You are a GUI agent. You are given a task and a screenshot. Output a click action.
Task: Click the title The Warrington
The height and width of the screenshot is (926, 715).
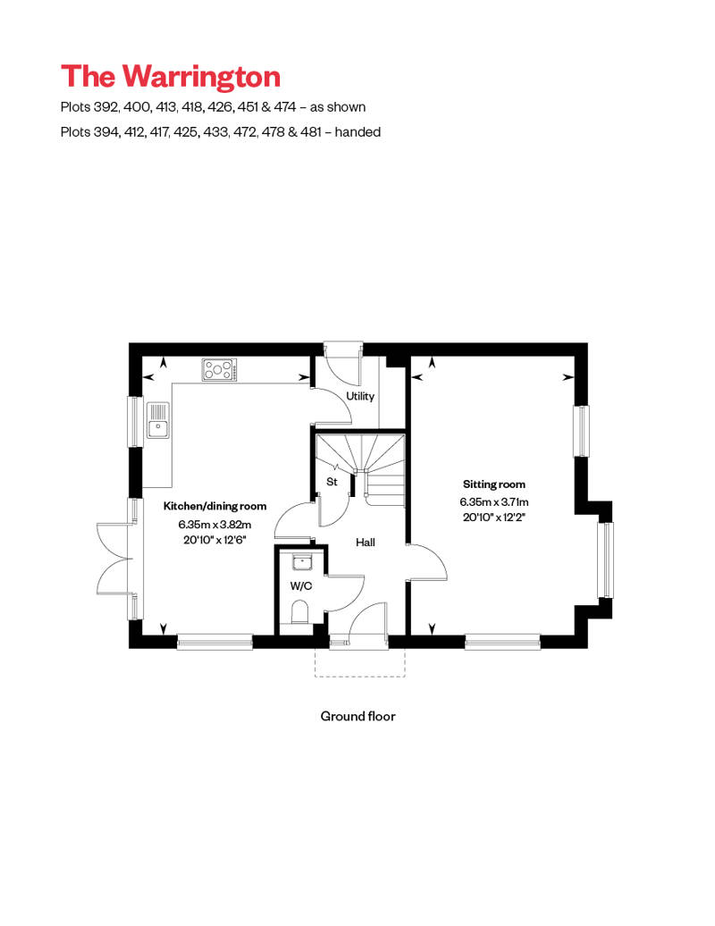(x=171, y=77)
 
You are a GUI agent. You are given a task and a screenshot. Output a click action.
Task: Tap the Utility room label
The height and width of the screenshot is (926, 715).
(x=360, y=397)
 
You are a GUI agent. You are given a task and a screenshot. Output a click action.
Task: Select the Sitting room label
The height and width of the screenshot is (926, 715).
(x=494, y=484)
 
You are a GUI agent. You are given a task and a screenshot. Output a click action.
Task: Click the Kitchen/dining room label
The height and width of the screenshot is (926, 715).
(x=214, y=507)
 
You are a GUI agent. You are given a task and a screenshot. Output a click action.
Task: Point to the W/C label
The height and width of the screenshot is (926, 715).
(x=299, y=587)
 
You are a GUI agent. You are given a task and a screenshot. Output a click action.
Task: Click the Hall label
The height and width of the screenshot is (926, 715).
(x=366, y=543)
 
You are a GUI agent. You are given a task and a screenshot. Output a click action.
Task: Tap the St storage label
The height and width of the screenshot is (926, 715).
(x=330, y=483)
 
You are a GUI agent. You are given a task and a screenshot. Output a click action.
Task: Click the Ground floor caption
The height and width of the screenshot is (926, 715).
(x=357, y=716)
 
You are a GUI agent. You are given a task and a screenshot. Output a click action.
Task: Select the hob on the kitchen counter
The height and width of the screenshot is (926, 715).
(x=220, y=368)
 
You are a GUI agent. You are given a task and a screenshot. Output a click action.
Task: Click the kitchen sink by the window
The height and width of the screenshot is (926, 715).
(x=158, y=420)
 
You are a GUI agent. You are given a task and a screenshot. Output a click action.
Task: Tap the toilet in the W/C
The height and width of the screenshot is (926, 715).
(x=300, y=613)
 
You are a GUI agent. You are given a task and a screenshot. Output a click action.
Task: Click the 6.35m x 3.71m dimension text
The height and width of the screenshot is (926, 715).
(x=494, y=502)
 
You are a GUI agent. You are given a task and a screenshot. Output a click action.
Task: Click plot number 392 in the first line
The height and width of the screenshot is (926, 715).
(x=98, y=107)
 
